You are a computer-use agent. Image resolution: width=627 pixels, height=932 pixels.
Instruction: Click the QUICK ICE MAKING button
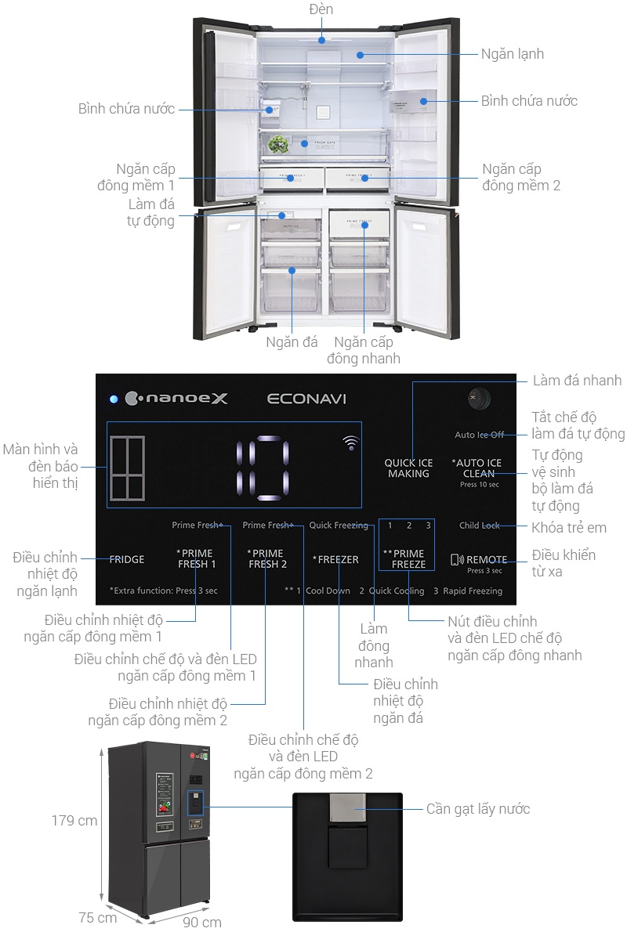(x=408, y=468)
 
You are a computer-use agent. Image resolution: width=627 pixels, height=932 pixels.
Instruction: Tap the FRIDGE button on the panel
(x=127, y=559)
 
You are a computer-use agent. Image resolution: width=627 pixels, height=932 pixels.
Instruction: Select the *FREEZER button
(x=335, y=559)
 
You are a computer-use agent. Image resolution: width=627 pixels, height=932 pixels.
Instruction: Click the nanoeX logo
(x=176, y=399)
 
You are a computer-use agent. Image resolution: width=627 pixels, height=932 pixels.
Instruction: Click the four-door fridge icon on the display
(x=128, y=468)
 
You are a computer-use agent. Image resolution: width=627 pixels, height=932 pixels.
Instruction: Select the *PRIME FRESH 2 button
(x=267, y=558)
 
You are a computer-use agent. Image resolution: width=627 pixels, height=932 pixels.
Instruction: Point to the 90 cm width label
(x=201, y=922)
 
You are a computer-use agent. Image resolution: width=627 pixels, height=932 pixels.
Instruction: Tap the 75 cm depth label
(x=98, y=917)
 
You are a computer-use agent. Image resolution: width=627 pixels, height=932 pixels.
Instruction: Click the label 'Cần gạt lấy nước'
(x=478, y=808)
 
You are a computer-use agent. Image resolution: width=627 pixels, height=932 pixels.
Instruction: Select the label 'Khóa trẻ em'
(x=564, y=526)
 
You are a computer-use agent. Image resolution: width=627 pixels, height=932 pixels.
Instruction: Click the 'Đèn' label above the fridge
(x=321, y=9)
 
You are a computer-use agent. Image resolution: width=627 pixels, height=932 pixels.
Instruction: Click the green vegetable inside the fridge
(x=277, y=144)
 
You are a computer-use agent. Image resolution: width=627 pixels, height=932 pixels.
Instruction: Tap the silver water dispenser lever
(x=347, y=808)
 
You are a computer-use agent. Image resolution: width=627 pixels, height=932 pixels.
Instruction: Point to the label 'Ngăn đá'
(x=292, y=342)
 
